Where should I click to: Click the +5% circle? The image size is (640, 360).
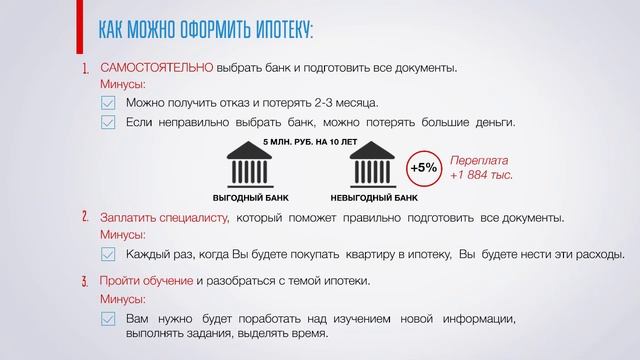[x=423, y=168]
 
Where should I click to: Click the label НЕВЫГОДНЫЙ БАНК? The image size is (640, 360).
[x=373, y=199]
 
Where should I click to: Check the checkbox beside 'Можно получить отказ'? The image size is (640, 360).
[x=109, y=103]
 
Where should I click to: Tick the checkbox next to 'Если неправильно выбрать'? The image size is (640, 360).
[x=109, y=123]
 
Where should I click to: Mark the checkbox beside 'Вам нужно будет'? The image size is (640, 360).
[x=109, y=320]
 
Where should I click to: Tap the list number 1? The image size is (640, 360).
[x=85, y=69]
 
